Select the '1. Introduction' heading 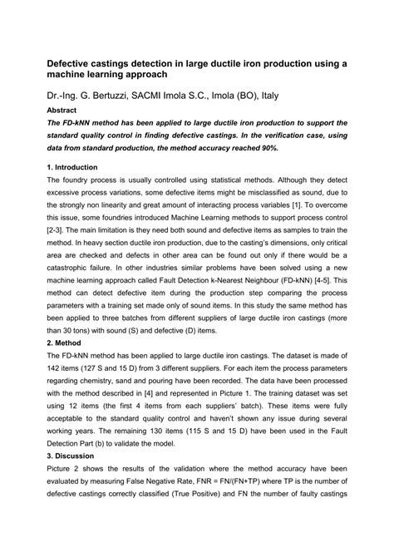[75, 166]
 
